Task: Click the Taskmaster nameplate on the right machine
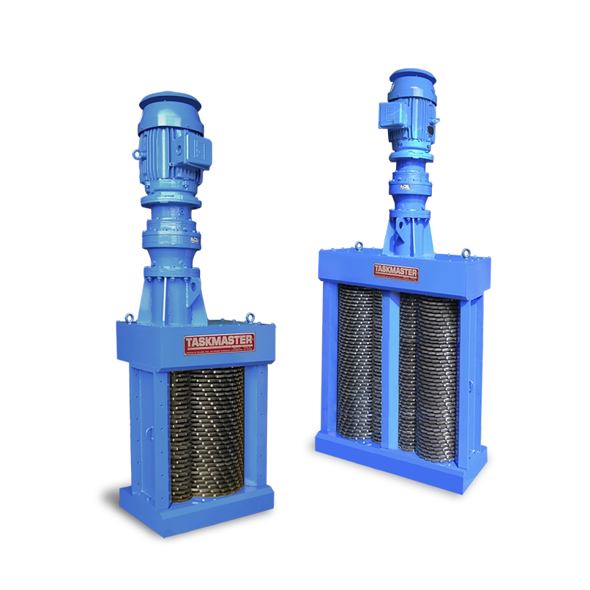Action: pyautogui.click(x=396, y=272)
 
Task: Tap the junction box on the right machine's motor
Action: pyautogui.click(x=387, y=112)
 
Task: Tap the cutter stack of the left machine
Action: pyautogui.click(x=208, y=432)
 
